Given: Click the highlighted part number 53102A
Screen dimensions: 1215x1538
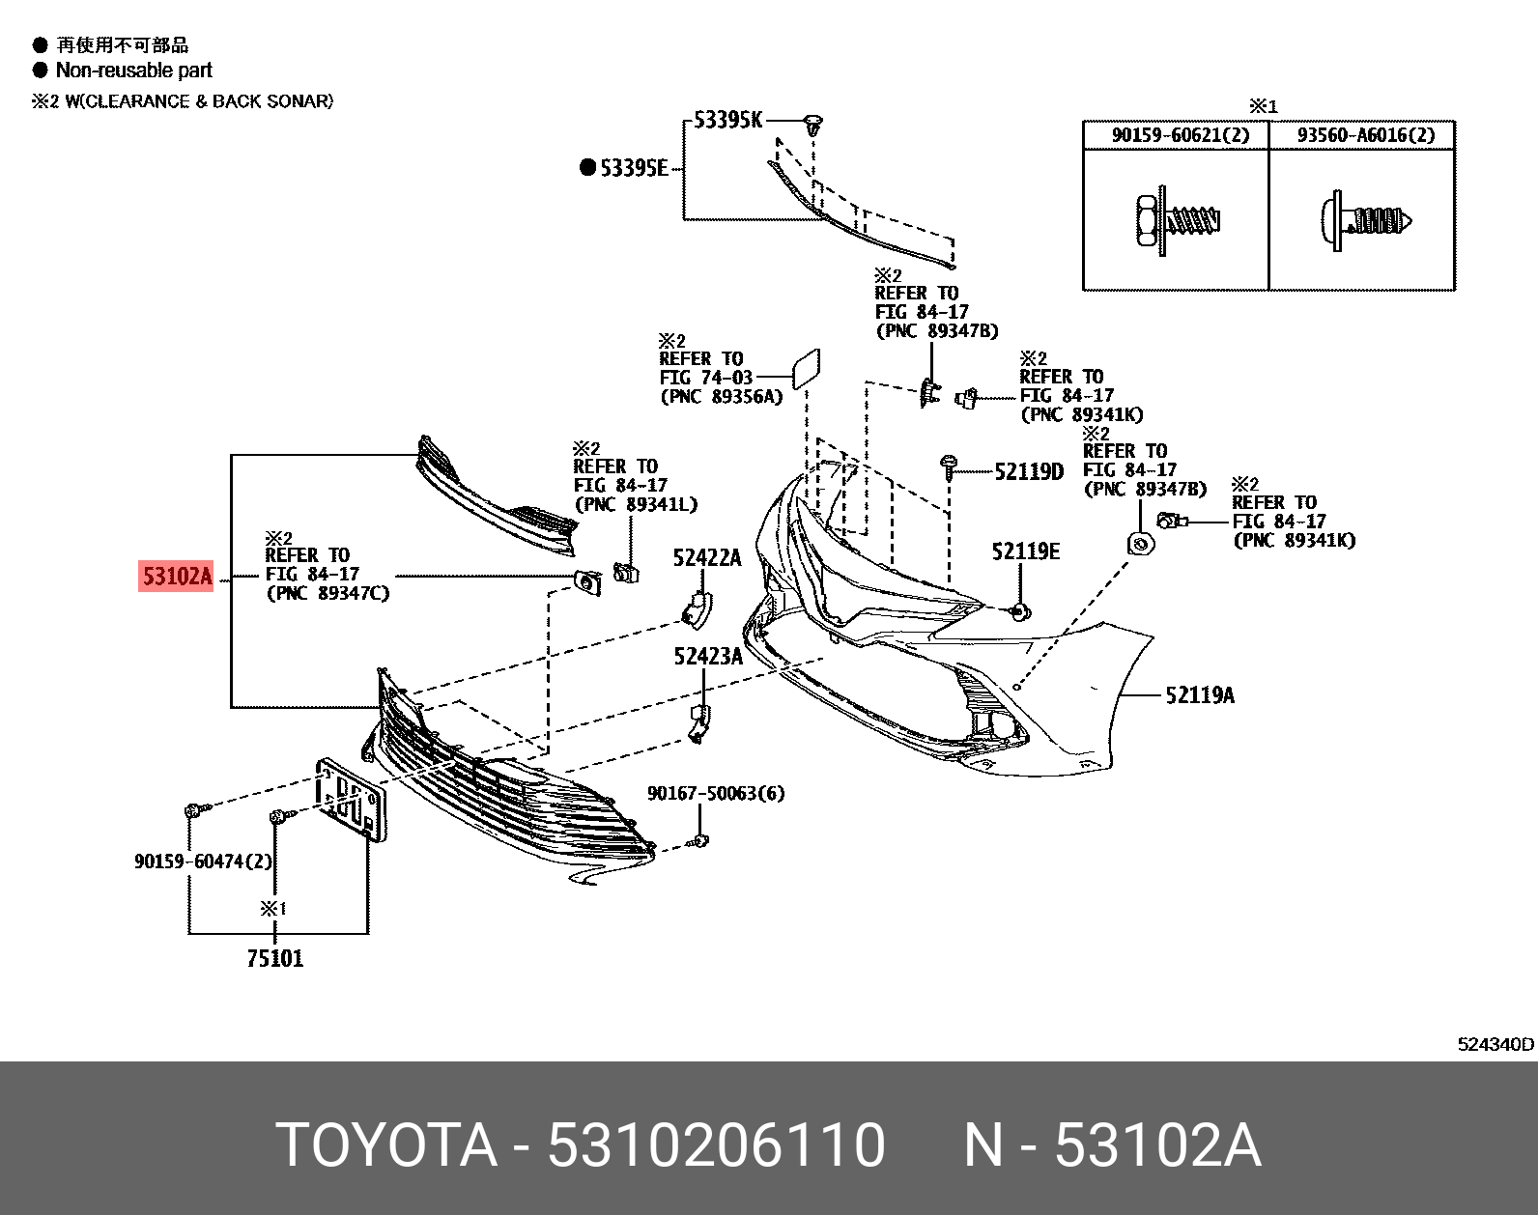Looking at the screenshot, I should click(177, 577).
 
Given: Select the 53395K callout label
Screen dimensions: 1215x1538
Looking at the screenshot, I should click(727, 120).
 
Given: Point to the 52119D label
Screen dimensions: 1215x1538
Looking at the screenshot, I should click(1028, 471).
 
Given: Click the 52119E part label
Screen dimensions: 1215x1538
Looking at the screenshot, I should click(1025, 551).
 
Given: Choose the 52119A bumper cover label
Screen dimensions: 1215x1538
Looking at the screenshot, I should click(1199, 695).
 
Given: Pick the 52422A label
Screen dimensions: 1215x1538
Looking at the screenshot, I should click(706, 557).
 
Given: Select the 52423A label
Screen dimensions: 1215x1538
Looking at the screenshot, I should click(707, 657).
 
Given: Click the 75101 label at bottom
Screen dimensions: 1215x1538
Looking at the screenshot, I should click(274, 958).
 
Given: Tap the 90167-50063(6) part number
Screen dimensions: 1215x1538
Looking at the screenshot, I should click(715, 793).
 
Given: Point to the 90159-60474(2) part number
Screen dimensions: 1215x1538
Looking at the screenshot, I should click(203, 861).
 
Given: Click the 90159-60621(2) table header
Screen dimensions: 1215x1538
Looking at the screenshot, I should click(1180, 135).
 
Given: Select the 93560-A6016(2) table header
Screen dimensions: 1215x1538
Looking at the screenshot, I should click(1365, 135).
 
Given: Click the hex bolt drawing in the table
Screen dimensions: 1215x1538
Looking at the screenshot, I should click(1176, 222).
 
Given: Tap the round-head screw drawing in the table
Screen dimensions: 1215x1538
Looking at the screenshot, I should click(1365, 221).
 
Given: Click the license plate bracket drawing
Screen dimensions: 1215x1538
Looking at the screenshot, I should click(351, 799).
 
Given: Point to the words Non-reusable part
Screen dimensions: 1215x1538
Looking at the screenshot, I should click(133, 71).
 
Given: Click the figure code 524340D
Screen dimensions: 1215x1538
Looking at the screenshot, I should click(1495, 1044).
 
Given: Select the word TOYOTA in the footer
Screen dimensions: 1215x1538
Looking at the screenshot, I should click(386, 1145).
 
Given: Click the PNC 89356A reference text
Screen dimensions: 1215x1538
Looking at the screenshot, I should click(721, 397).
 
